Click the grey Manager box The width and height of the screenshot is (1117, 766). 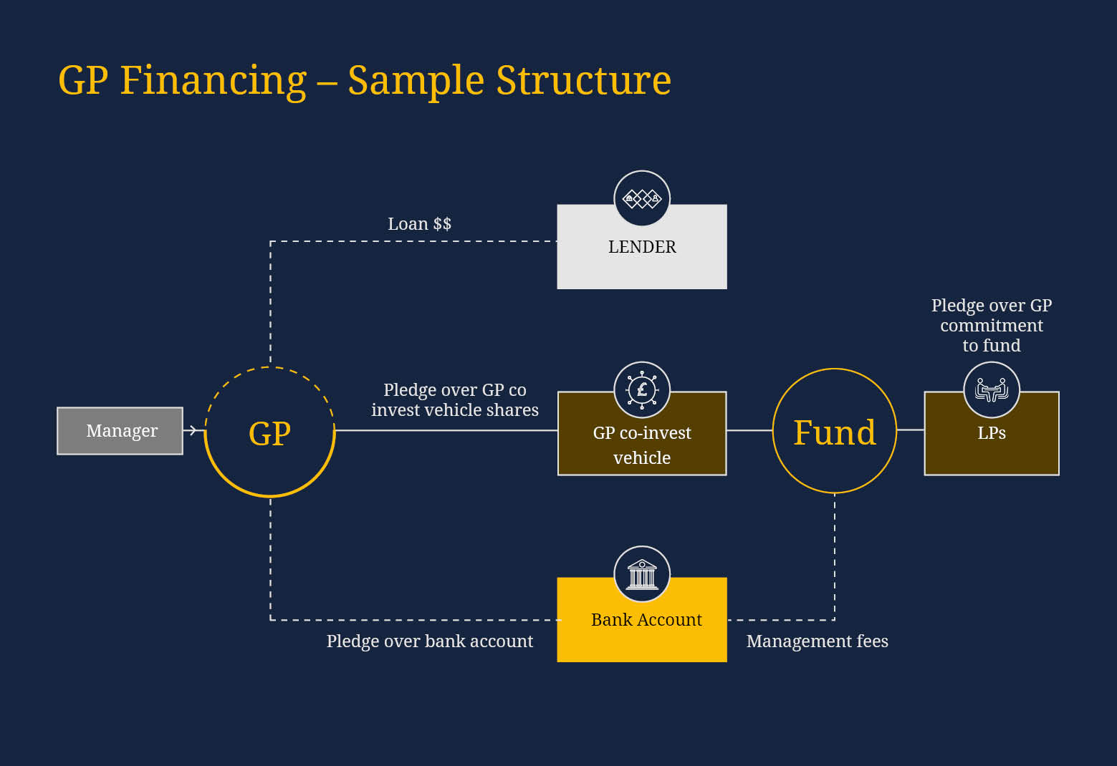[120, 431]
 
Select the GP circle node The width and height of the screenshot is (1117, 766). [269, 432]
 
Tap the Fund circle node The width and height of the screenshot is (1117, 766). [835, 432]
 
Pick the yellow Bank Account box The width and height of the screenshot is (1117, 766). [642, 630]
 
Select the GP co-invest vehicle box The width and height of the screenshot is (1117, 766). [642, 444]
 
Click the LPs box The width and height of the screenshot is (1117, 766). [992, 444]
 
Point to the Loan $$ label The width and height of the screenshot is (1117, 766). [419, 224]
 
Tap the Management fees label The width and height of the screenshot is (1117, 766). [817, 641]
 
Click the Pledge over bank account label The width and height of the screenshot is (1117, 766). [430, 641]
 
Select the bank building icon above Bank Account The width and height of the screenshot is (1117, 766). [642, 574]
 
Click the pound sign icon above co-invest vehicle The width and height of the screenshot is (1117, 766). [642, 389]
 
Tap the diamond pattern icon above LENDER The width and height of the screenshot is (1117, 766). [642, 198]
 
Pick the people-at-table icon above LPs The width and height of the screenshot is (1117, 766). [992, 390]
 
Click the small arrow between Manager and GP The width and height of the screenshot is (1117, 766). [192, 430]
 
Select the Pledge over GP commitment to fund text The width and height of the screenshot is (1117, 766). [992, 326]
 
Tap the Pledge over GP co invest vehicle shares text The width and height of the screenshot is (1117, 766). [455, 400]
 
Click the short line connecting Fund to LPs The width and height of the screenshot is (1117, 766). [910, 430]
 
